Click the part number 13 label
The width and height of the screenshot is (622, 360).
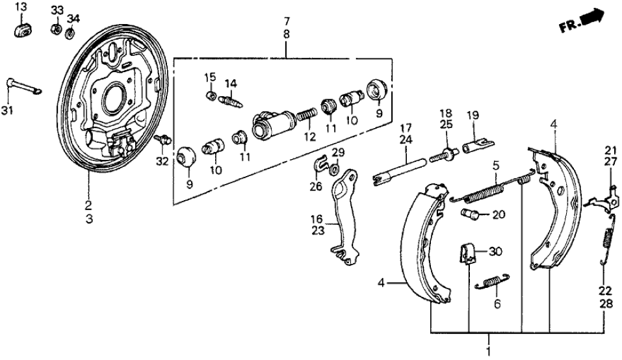pyautogui.click(x=21, y=7)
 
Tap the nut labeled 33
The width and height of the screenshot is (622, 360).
pyautogui.click(x=56, y=29)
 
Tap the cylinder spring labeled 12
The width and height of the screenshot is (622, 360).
pyautogui.click(x=306, y=120)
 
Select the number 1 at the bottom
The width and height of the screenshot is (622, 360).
pyautogui.click(x=489, y=341)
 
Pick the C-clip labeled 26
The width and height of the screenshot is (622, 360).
pyautogui.click(x=319, y=166)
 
